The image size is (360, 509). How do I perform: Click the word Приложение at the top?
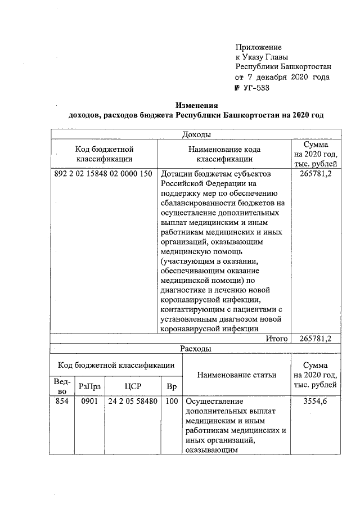[258, 47]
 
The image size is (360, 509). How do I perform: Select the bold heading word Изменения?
[196, 105]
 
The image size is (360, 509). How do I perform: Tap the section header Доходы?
[197, 135]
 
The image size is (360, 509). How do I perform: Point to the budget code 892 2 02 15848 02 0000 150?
[103, 174]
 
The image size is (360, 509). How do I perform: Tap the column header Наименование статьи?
[237, 375]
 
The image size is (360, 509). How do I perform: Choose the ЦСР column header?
[133, 387]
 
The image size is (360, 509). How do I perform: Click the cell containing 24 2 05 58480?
[133, 402]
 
